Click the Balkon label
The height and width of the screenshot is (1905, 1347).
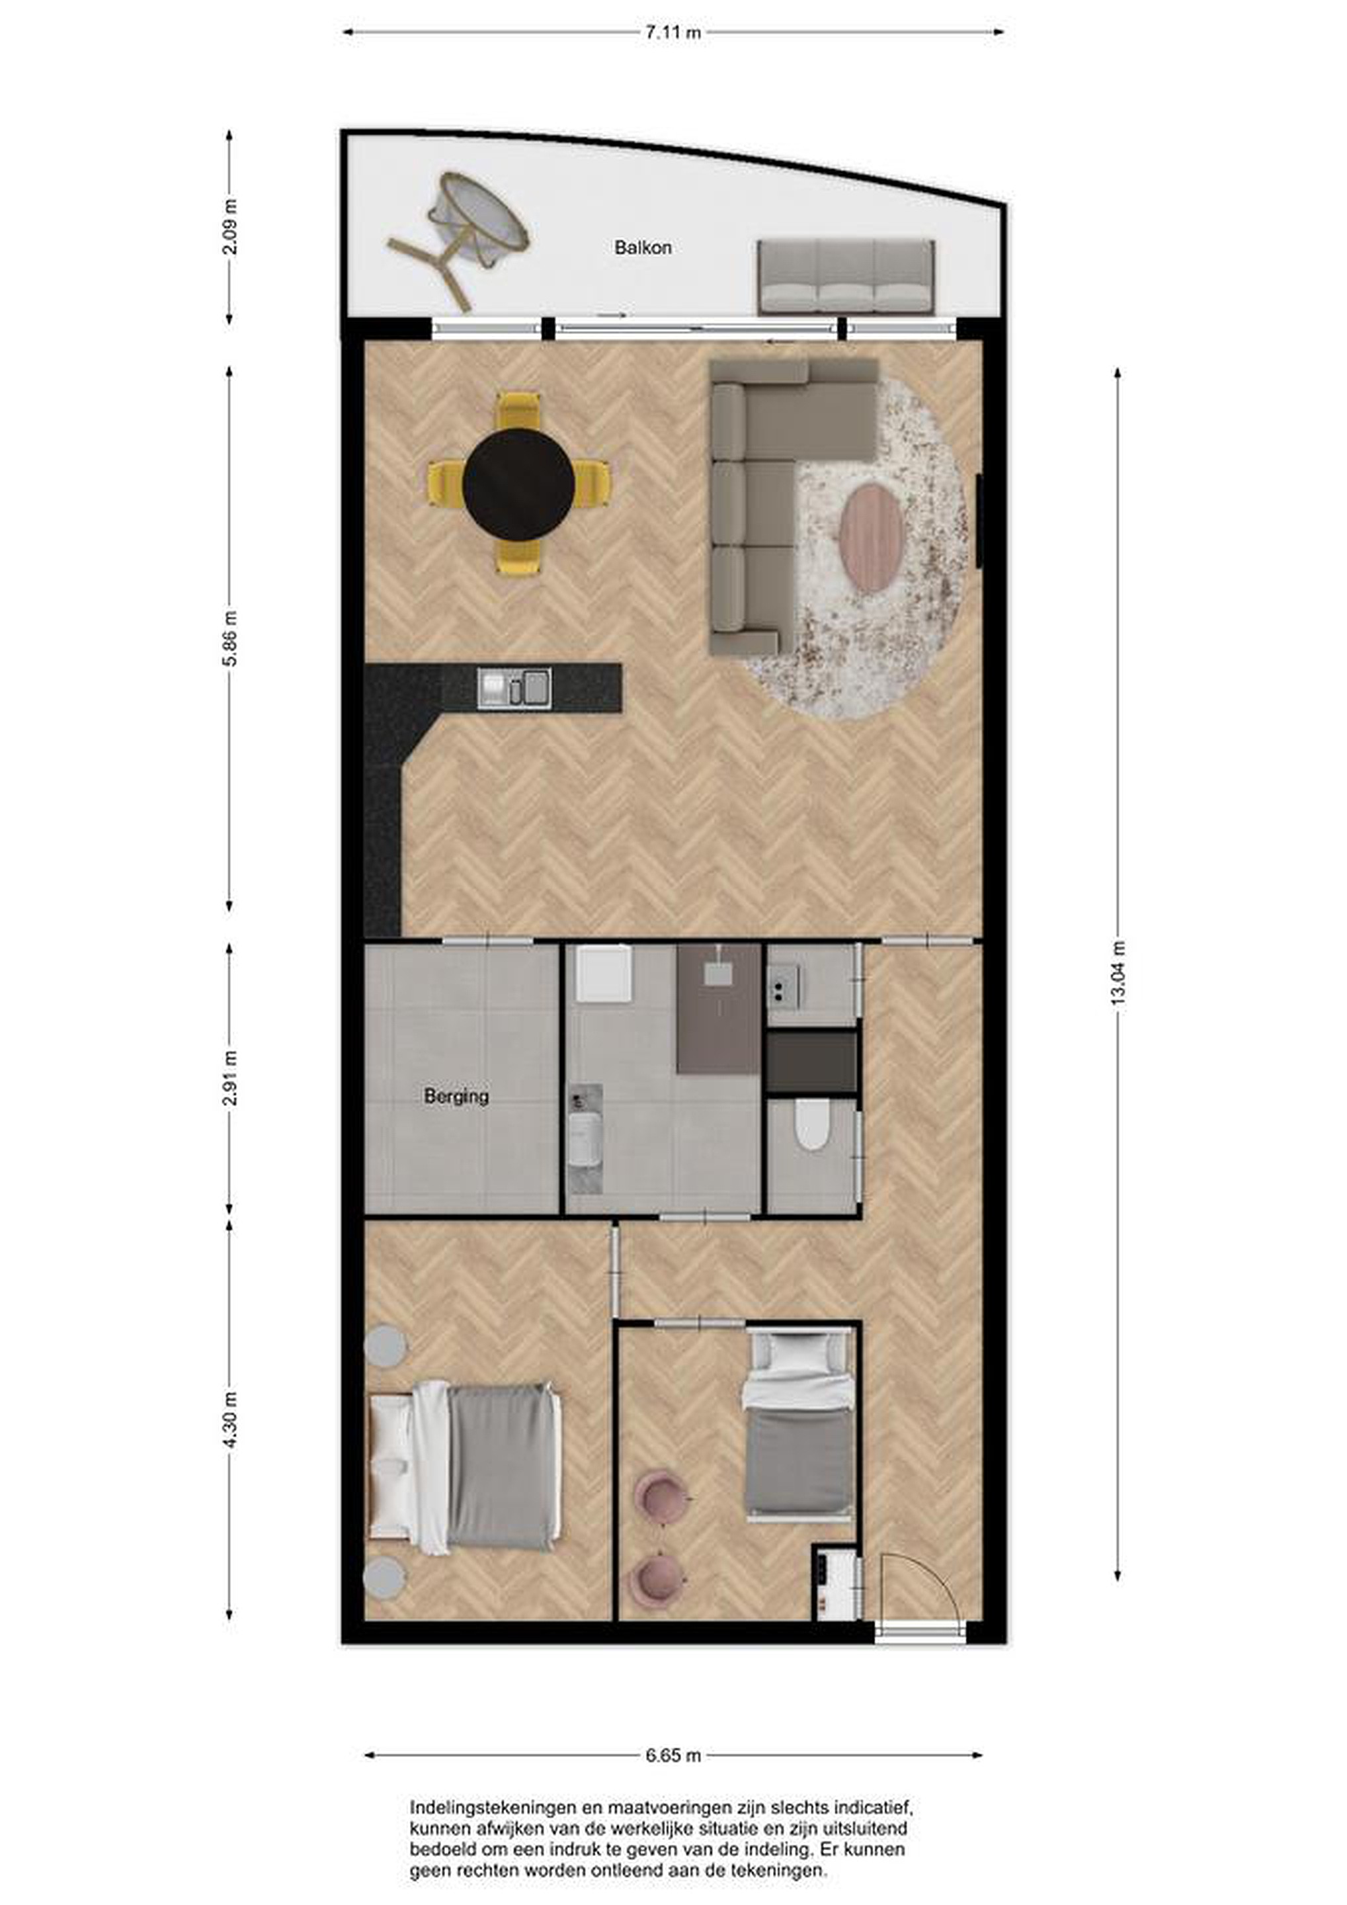click(x=643, y=247)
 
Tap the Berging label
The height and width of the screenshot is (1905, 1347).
click(x=456, y=1096)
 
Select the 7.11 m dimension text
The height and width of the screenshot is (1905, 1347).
click(x=673, y=32)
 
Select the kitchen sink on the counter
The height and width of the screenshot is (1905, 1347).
click(x=514, y=688)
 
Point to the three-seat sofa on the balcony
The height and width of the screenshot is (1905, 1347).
click(x=846, y=277)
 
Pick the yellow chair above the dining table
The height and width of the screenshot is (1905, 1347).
click(x=518, y=411)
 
